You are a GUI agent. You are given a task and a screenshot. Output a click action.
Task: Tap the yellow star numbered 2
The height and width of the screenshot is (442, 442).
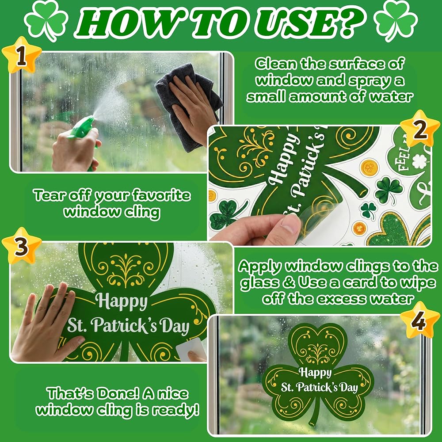click(420, 130)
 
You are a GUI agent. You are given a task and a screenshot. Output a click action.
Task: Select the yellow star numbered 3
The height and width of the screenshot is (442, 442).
click(22, 246)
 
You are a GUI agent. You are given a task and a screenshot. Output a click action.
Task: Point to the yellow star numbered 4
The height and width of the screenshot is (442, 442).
click(420, 320)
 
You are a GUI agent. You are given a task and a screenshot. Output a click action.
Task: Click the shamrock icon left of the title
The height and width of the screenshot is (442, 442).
click(46, 21)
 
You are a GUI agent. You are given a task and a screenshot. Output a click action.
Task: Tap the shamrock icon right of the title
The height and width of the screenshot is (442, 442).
click(396, 21)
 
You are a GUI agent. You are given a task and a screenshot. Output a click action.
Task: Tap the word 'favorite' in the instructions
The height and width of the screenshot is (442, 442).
click(161, 195)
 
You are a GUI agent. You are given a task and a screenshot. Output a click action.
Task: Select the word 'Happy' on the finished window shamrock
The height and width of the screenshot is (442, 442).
click(315, 372)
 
